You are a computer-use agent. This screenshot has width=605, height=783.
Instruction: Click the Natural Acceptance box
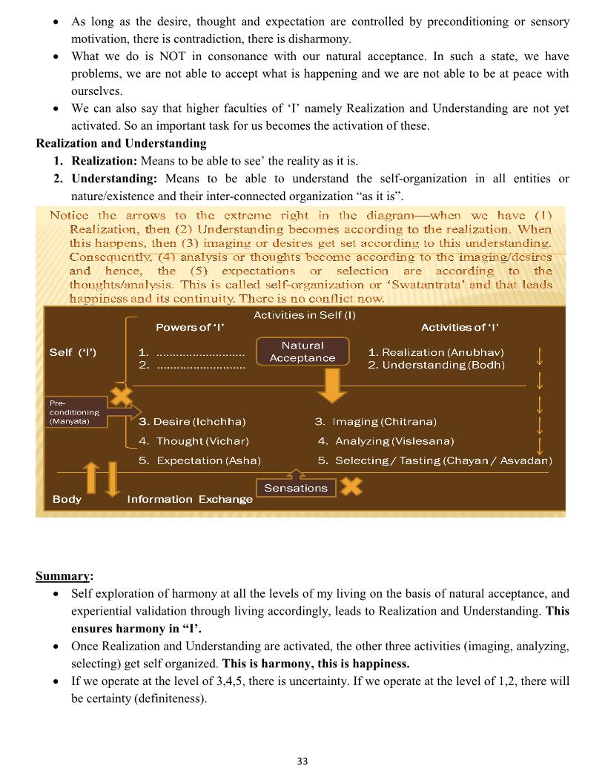[x=302, y=351]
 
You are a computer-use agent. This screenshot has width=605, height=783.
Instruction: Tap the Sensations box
[x=296, y=488]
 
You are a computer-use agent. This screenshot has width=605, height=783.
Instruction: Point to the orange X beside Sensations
[x=351, y=486]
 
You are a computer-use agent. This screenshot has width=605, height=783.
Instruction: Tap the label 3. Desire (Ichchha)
[x=192, y=421]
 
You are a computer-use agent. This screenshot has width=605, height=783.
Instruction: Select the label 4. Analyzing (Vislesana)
[x=386, y=441]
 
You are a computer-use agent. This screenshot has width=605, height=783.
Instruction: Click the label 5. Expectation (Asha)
[x=199, y=460]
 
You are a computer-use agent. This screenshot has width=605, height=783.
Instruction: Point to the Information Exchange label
[x=190, y=499]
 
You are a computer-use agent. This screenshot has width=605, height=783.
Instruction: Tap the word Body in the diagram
[x=67, y=499]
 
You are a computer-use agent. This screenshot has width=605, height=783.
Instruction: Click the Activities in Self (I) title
[x=305, y=315]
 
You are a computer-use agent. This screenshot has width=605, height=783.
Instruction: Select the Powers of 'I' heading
[x=190, y=327]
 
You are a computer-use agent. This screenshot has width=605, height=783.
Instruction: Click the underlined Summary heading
[x=65, y=576]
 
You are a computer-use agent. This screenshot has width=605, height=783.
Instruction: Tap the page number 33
[x=302, y=761]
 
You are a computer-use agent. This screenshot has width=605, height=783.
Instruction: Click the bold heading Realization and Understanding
[x=121, y=143]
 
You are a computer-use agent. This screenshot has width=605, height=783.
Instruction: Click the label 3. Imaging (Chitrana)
[x=375, y=421]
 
